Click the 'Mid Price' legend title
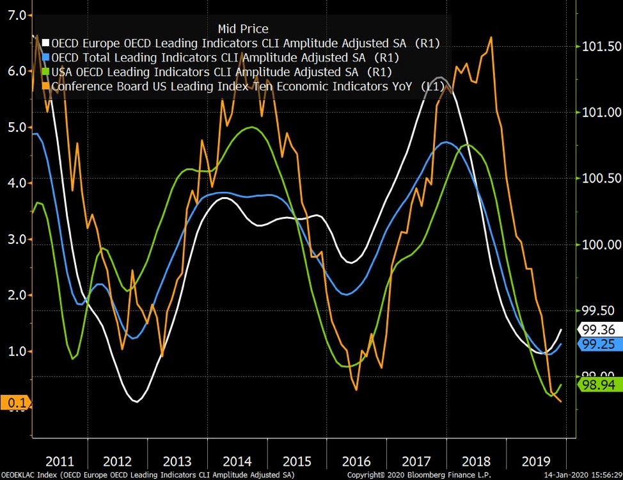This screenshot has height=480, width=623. (x=243, y=29)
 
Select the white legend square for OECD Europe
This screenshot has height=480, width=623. (x=45, y=44)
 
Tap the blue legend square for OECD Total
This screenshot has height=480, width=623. (x=45, y=58)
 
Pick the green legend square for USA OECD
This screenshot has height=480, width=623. (x=45, y=72)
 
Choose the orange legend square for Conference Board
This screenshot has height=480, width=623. (x=45, y=86)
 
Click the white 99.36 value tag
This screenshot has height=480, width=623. (x=599, y=330)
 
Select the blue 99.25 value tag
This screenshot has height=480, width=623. (x=599, y=344)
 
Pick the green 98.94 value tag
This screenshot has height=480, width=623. (x=599, y=384)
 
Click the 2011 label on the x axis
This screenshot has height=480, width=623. (x=59, y=461)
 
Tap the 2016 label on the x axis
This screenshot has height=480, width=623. (x=356, y=461)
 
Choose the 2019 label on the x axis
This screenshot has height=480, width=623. (x=535, y=461)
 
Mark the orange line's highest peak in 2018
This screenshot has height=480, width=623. (x=491, y=37)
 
